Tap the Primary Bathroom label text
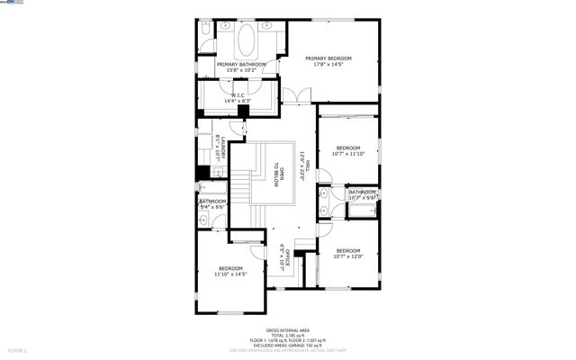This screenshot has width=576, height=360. tap(241, 67)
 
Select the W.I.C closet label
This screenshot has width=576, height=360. tap(238, 97)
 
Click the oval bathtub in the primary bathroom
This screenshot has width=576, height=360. tap(246, 40)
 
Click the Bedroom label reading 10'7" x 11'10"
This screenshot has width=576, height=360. tap(348, 150)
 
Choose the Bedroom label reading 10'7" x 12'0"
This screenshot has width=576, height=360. tap(348, 253)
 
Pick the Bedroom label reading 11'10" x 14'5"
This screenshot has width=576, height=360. tap(231, 271)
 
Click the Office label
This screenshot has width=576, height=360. tap(283, 258)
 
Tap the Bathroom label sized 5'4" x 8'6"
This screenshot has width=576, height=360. tap(212, 203)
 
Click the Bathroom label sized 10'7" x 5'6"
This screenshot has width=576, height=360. tap(363, 193)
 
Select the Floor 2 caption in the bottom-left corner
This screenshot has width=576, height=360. tap(18, 349)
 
